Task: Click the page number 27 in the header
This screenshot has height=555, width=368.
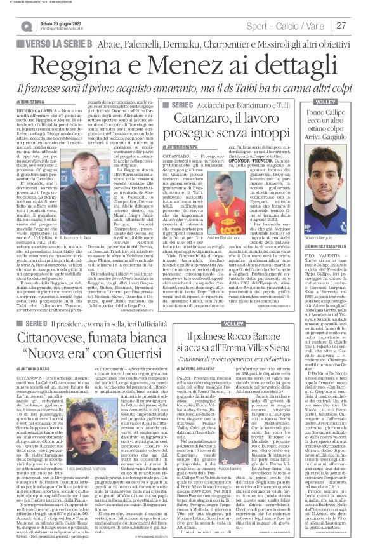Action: (357, 25)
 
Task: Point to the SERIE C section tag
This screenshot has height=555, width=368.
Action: (174, 104)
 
